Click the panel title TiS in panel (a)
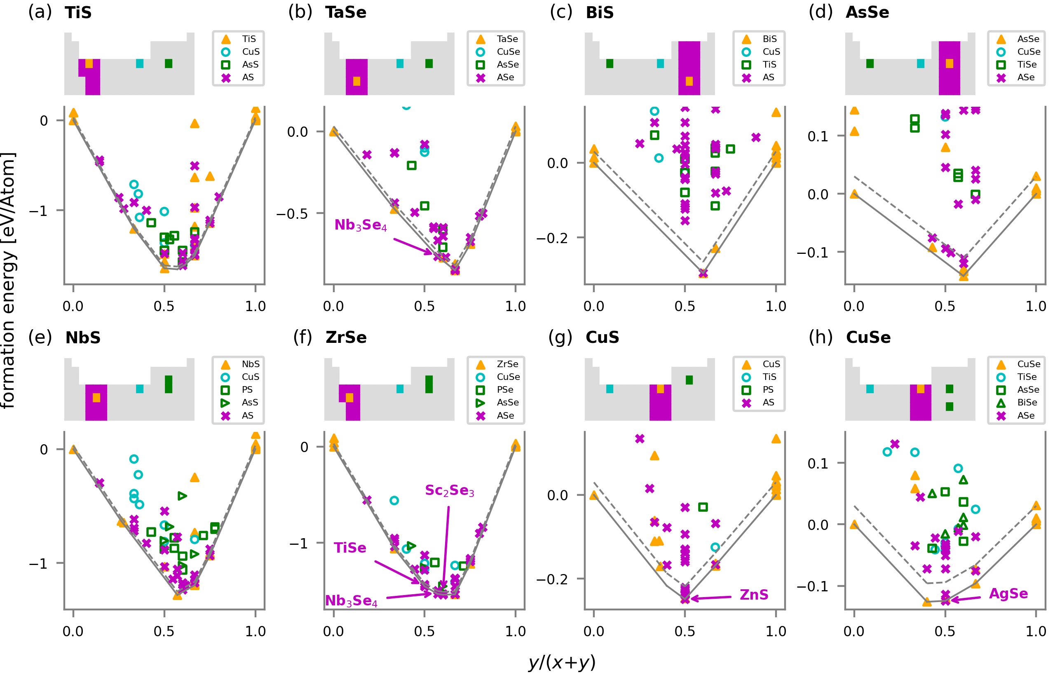pos(78,12)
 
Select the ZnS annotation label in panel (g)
pos(753,595)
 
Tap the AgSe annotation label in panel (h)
pos(1008,593)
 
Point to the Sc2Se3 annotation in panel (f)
pos(449,490)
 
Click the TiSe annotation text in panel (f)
pos(350,548)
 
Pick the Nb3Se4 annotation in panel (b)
pos(360,225)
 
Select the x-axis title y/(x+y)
pos(561,662)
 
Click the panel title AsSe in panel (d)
pos(867,12)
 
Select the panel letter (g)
pos(560,337)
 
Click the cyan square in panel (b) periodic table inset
pos(400,63)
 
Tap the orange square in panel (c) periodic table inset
pos(689,81)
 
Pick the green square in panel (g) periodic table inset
pos(689,380)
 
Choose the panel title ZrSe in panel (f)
pos(346,337)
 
